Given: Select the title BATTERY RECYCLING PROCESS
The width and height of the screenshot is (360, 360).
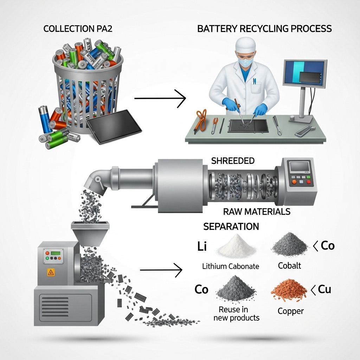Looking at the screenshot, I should coord(264,29).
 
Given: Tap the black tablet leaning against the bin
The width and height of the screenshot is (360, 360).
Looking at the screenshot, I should coord(114,126).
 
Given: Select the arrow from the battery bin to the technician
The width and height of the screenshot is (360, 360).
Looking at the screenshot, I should coord(160,98).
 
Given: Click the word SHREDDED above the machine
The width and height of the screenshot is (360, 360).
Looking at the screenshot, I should coord(233,161).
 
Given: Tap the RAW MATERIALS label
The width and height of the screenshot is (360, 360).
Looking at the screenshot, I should coord(257,212).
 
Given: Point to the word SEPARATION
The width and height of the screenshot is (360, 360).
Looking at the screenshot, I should coord(231,226).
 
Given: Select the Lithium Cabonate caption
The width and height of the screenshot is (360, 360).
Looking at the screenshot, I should coord(231,266).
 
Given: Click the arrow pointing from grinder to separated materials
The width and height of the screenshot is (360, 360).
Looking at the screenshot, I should coord(161,270).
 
